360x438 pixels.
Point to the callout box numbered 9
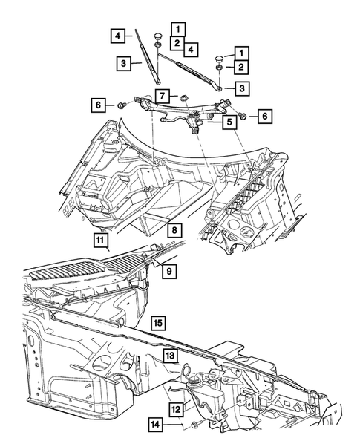coord(169,272)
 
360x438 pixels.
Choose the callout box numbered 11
coord(99,240)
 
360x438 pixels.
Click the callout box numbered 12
coord(174,408)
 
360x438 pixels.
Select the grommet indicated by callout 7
coord(182,97)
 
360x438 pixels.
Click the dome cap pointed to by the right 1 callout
coord(220,59)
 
